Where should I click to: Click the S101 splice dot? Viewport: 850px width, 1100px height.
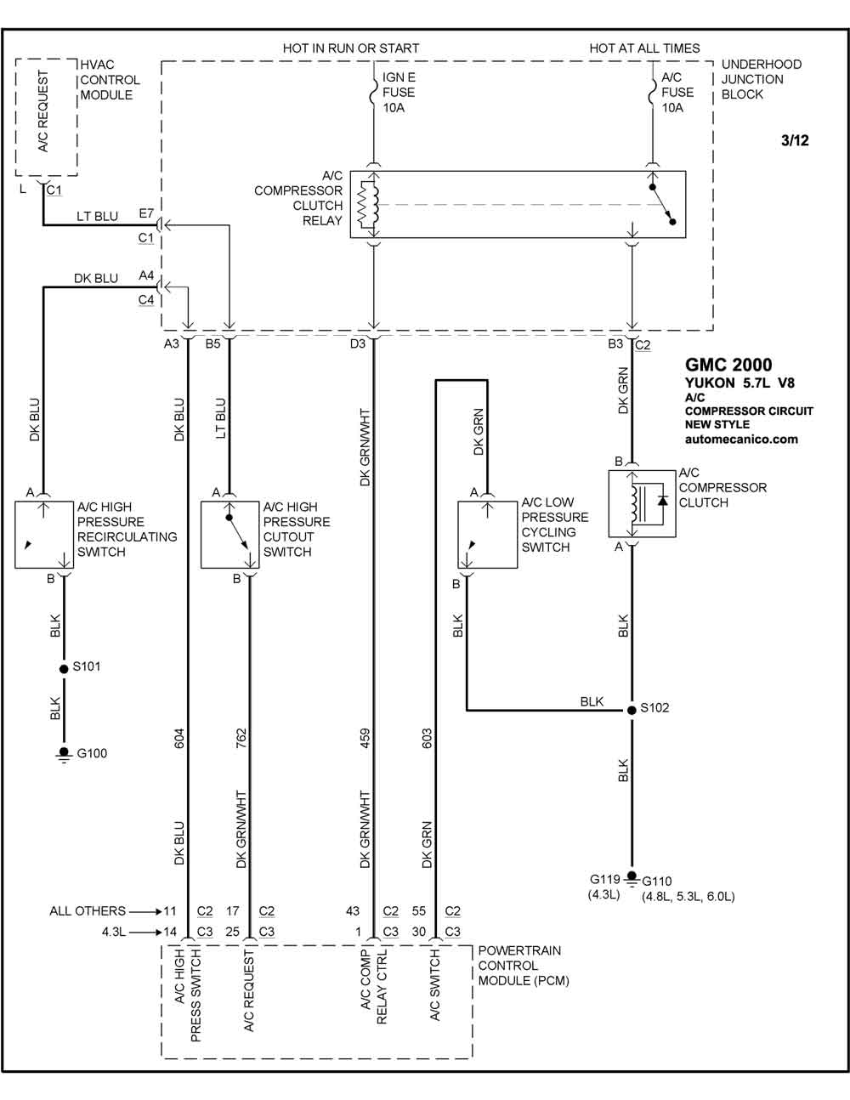pos(64,669)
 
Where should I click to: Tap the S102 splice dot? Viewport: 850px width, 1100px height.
pos(632,710)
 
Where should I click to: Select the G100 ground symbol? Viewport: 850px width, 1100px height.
pos(64,754)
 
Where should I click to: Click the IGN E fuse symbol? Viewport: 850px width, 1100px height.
pos(373,93)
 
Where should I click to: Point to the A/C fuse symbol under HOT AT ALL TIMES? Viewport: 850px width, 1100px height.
pos(653,93)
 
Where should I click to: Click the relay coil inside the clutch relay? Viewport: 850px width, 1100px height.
pos(368,205)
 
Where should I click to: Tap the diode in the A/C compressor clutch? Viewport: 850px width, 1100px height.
pos(662,501)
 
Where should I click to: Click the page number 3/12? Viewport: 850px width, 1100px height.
pos(795,140)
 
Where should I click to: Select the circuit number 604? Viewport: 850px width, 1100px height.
pos(179,739)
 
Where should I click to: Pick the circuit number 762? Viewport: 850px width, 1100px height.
pos(241,739)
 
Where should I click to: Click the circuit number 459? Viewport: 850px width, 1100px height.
pos(365,739)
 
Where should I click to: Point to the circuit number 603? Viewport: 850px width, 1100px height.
pos(427,739)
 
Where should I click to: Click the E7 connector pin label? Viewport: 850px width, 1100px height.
pos(146,213)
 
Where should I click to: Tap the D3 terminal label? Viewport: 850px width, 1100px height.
pos(357,343)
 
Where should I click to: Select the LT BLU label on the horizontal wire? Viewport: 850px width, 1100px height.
pos(97,216)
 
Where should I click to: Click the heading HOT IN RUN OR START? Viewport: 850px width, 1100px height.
pos(350,48)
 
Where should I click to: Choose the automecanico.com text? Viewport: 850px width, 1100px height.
pos(741,439)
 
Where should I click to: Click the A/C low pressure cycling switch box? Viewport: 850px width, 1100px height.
pos(487,535)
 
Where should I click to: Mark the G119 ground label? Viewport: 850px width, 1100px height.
pos(604,879)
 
